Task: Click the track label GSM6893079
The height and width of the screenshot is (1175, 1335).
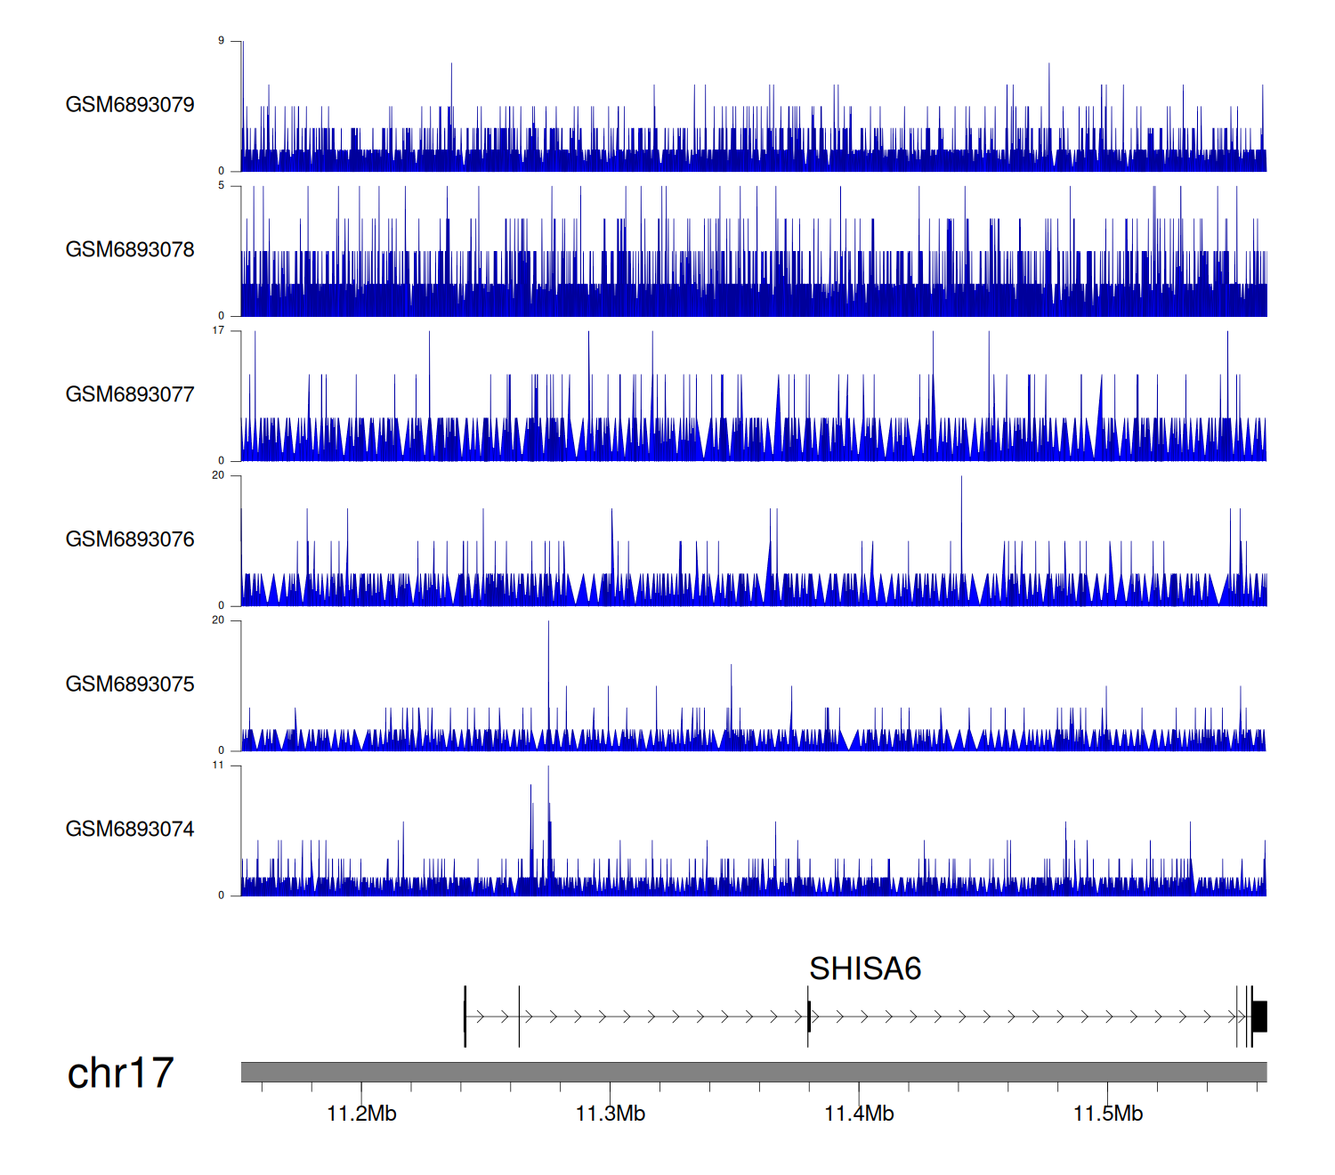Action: [x=130, y=105]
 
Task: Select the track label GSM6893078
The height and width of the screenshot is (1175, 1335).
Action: [x=130, y=250]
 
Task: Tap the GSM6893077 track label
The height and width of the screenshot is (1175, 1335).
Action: [x=130, y=394]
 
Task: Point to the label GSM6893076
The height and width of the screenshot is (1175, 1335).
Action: [x=130, y=539]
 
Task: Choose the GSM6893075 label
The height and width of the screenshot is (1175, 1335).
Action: [x=130, y=685]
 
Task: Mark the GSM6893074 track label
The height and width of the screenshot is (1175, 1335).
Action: [x=130, y=830]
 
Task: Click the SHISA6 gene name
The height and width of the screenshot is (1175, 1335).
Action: [x=865, y=968]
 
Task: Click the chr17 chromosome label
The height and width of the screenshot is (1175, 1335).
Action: [x=120, y=1073]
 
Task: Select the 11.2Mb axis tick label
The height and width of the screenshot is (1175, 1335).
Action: [x=361, y=1114]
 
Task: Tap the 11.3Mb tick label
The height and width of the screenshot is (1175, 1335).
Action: [x=611, y=1114]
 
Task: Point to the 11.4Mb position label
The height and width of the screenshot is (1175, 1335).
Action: [x=859, y=1114]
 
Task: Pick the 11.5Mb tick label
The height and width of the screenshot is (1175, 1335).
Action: [x=1108, y=1114]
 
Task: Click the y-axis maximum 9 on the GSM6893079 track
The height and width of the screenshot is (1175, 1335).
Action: [x=221, y=41]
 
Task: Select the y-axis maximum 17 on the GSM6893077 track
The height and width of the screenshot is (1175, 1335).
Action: [x=218, y=331]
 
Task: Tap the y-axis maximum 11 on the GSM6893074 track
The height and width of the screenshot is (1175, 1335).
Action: [x=218, y=766]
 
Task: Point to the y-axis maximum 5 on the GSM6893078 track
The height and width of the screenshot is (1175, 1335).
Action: [x=221, y=186]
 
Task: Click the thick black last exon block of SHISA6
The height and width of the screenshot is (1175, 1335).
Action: [x=1259, y=1017]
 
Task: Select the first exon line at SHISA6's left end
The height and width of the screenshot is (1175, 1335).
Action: [x=465, y=1017]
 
